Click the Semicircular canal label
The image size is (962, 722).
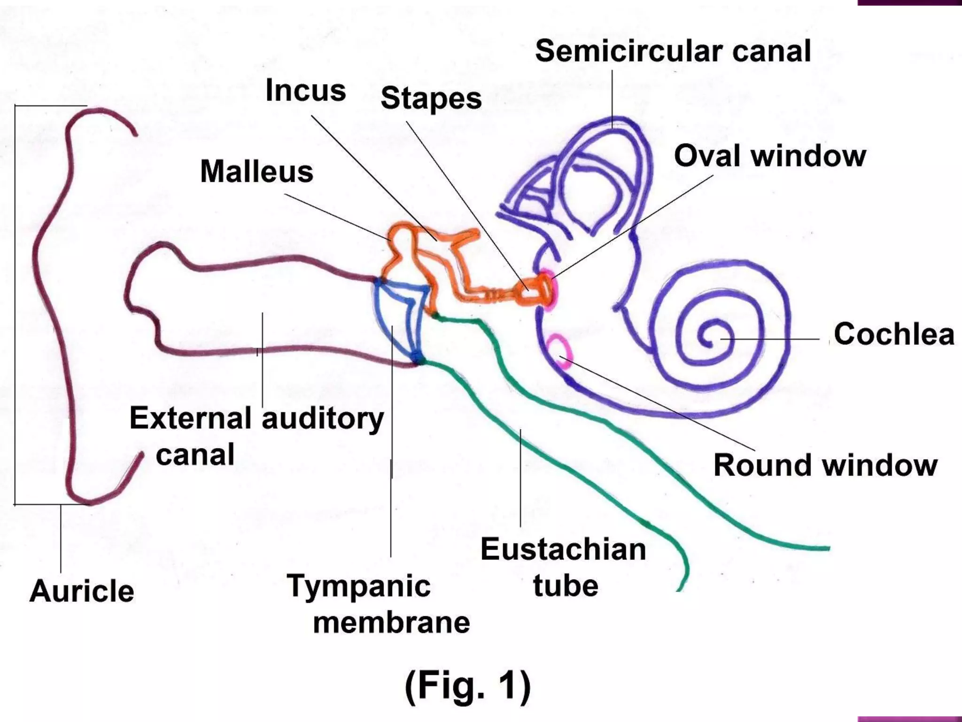(673, 52)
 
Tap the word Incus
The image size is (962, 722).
(305, 90)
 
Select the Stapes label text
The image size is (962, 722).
(431, 99)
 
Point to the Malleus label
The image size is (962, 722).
(256, 172)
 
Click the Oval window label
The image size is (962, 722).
(769, 156)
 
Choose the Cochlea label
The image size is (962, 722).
(893, 335)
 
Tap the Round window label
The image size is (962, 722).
(825, 465)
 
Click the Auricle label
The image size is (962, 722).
(82, 591)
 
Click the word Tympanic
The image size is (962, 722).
(359, 586)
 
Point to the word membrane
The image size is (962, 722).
(391, 623)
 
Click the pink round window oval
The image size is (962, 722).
(560, 350)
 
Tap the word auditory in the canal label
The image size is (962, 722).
(322, 418)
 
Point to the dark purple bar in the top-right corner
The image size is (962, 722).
(909, 2)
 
